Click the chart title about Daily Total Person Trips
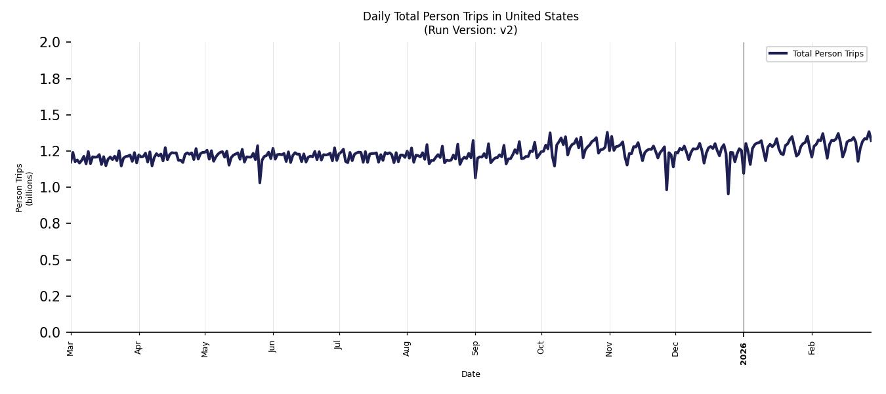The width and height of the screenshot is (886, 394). [x=471, y=16]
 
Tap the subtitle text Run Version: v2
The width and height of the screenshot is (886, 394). [x=471, y=30]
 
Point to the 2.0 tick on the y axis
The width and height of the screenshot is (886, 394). [x=51, y=43]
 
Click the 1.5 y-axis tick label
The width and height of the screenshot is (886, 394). [x=51, y=116]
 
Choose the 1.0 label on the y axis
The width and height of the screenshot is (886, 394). [x=51, y=188]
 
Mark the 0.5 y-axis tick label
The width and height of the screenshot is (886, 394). [x=51, y=261]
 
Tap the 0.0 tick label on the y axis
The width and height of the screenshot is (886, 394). [x=51, y=333]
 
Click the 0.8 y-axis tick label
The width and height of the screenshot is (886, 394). [x=51, y=224]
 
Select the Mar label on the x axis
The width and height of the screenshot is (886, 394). [x=70, y=349]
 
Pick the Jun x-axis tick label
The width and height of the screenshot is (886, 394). [x=272, y=346]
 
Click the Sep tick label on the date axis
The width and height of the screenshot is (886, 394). [x=475, y=347]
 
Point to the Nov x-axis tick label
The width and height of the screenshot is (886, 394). [x=609, y=348]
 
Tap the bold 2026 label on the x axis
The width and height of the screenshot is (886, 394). [x=744, y=354]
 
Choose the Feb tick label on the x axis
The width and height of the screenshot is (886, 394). [x=812, y=348]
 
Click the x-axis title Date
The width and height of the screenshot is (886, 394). [x=471, y=374]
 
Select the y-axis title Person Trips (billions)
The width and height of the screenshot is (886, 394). [x=24, y=188]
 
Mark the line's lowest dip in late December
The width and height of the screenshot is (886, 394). [x=728, y=193]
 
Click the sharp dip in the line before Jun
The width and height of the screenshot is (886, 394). [x=260, y=182]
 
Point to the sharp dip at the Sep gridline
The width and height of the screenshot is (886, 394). [x=475, y=177]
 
